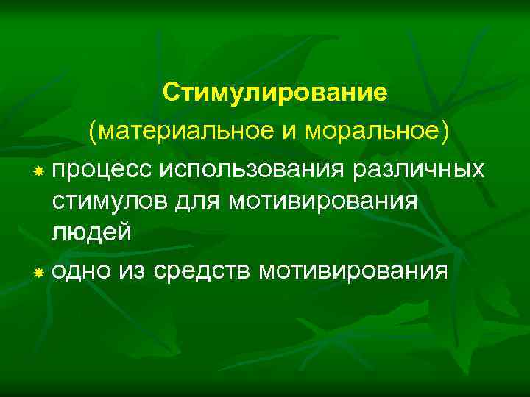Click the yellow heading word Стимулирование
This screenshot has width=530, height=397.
275,94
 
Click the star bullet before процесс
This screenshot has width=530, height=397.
38,171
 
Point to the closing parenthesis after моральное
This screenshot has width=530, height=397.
444,133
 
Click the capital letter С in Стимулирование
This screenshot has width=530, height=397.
171,94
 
